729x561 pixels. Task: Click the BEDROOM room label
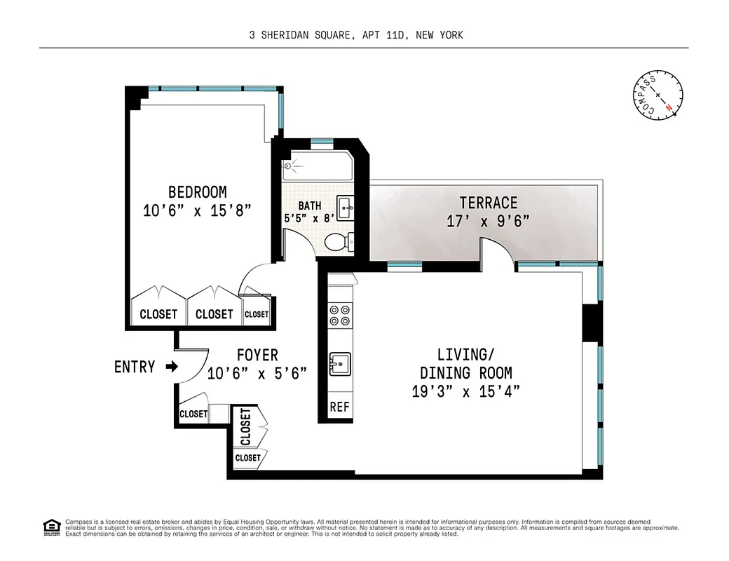pyautogui.click(x=197, y=191)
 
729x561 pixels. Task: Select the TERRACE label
pyautogui.click(x=489, y=203)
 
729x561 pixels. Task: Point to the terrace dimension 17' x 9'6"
pyautogui.click(x=488, y=221)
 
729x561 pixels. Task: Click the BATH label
pyautogui.click(x=310, y=205)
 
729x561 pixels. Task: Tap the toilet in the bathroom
pyautogui.click(x=339, y=242)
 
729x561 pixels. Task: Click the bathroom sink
pyautogui.click(x=345, y=206)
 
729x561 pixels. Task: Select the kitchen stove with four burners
pyautogui.click(x=339, y=315)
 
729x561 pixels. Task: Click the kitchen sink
pyautogui.click(x=339, y=363)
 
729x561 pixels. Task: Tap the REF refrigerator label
pyautogui.click(x=339, y=407)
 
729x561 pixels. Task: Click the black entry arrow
pyautogui.click(x=170, y=366)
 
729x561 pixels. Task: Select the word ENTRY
pyautogui.click(x=135, y=366)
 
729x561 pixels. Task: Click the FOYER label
pyautogui.click(x=257, y=355)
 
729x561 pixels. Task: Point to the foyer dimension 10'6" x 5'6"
pyautogui.click(x=257, y=373)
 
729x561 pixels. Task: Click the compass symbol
pyautogui.click(x=657, y=95)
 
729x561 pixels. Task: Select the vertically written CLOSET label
pyautogui.click(x=245, y=426)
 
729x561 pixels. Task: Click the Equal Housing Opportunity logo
pyautogui.click(x=51, y=526)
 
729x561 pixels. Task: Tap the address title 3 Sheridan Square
pyautogui.click(x=355, y=34)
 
